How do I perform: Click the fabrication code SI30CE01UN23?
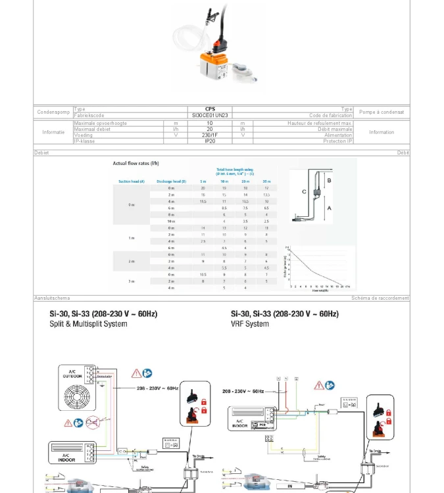210,116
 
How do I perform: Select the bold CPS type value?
210,110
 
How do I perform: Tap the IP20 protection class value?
210,141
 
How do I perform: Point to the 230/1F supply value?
210,135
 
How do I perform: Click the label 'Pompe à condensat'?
382,112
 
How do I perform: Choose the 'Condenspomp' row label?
53,112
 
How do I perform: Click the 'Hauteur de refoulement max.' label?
320,123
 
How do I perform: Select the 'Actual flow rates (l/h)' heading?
136,163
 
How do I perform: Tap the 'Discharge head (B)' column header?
171,181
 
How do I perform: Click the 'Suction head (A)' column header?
132,181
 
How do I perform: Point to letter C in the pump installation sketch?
304,191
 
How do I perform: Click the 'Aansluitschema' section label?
52,298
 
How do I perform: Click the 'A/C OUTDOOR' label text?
72,375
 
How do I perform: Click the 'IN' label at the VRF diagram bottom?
289,487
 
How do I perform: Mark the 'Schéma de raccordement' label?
380,298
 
